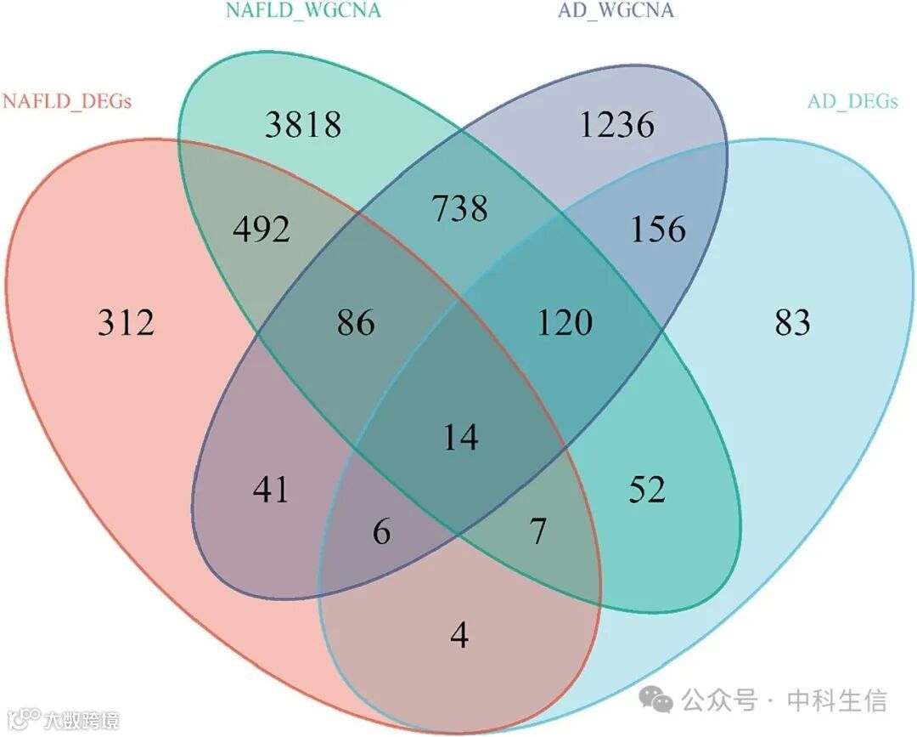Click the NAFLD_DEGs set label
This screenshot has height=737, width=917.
click(x=67, y=102)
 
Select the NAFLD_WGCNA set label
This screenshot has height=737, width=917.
click(x=303, y=11)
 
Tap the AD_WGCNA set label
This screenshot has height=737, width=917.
click(x=616, y=11)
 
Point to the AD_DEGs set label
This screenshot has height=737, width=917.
click(x=852, y=101)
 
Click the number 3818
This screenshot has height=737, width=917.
click(x=303, y=125)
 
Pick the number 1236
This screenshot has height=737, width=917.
click(x=616, y=125)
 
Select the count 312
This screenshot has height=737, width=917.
click(x=126, y=323)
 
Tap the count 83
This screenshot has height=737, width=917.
click(x=792, y=323)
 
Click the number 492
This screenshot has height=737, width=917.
click(x=261, y=230)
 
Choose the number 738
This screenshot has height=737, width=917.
click(x=459, y=207)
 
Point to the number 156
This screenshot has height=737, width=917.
click(x=657, y=230)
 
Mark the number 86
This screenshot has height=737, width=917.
click(x=355, y=323)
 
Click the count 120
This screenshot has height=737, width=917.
click(x=564, y=323)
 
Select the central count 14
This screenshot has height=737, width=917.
click(x=460, y=438)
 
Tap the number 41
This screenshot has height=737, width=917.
click(x=271, y=490)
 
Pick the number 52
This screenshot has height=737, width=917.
click(x=647, y=490)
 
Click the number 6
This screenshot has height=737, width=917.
click(x=382, y=532)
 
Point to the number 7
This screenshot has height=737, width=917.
click(x=537, y=532)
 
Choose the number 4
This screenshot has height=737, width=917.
click(x=459, y=635)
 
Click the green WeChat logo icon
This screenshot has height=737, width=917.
click(x=656, y=700)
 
